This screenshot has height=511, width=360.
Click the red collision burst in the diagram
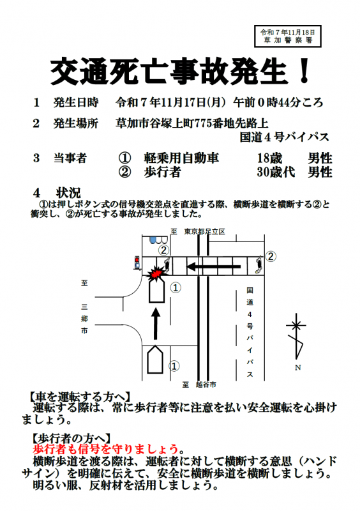click(153, 273)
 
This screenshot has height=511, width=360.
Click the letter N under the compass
click(297, 367)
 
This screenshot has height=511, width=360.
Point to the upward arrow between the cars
click(154, 323)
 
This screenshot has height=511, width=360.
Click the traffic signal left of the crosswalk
click(137, 263)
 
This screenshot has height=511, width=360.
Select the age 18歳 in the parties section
click(268, 158)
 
